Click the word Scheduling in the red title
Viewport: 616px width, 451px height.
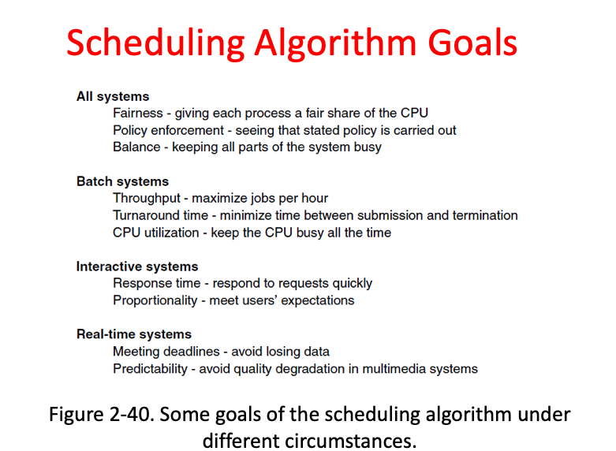[155, 44]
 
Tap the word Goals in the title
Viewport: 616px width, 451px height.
[472, 43]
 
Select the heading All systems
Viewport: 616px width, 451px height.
[113, 97]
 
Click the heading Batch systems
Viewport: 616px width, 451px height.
[122, 181]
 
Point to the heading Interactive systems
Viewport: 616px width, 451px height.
[137, 266]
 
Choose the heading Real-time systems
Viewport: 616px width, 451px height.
[134, 334]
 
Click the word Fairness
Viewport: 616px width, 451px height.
[138, 113]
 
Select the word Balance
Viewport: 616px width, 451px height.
[136, 147]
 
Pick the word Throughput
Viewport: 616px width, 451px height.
[147, 199]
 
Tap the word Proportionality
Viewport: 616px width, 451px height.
[155, 300]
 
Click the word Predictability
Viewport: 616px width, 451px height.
[150, 369]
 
